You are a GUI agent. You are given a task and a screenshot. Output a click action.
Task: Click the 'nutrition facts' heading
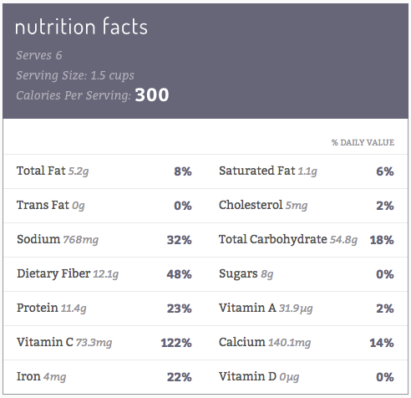click(81, 27)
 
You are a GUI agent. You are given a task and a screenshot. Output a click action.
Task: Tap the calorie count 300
click(152, 95)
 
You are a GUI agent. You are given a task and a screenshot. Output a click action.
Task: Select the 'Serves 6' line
click(39, 55)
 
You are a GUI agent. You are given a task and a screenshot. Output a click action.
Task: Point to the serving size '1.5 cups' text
click(113, 75)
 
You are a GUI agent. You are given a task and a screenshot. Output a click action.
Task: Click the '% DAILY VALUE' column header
click(363, 142)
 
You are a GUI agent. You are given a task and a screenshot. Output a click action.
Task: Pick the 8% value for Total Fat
click(183, 171)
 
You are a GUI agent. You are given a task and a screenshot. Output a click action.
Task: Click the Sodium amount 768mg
click(81, 240)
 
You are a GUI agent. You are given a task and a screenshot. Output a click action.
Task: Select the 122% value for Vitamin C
click(176, 343)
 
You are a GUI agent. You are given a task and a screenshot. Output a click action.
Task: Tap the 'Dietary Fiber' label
click(53, 273)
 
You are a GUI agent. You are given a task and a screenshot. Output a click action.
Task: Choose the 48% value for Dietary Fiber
click(179, 274)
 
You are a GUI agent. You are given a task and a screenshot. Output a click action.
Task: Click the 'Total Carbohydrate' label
click(273, 239)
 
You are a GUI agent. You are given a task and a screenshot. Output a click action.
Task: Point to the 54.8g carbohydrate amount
click(343, 240)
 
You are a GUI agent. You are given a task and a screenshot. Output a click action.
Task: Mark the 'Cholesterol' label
click(251, 205)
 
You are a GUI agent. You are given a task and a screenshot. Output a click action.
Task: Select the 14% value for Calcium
click(382, 343)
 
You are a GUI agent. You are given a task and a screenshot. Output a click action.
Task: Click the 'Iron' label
click(28, 376)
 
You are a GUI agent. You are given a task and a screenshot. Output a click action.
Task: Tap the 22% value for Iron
click(179, 377)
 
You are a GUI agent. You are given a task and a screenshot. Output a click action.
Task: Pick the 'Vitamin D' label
click(247, 376)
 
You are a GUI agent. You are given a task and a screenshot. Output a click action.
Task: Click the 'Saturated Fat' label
click(256, 171)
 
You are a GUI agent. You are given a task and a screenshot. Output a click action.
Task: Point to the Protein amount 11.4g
click(74, 309)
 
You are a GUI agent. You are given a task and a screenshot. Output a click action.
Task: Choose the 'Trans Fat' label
click(43, 205)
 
